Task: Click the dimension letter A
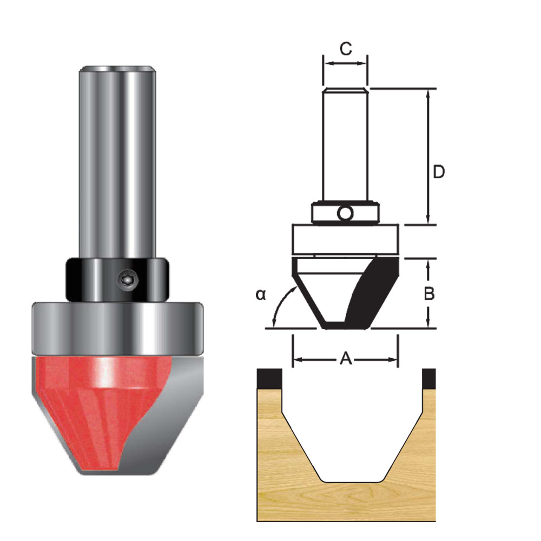pos(346,358)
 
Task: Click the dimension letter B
pos(428,293)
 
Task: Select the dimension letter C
pos(345,49)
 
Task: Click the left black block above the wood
pos(269,378)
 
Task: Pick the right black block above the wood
pos(428,378)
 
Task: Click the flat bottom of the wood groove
pos(352,480)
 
